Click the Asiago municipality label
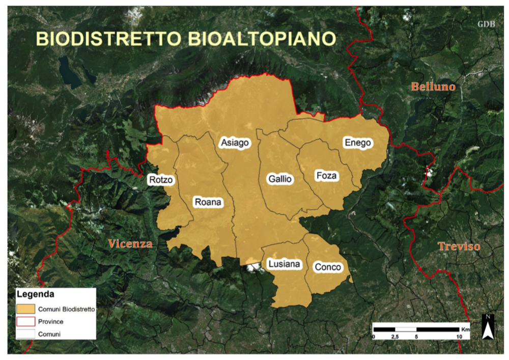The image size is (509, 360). pyautogui.click(x=235, y=143)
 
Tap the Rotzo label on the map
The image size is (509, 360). pyautogui.click(x=161, y=180)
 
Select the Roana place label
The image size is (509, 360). pyautogui.click(x=208, y=202)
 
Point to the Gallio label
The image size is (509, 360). pyautogui.click(x=280, y=179)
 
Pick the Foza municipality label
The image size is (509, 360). pyautogui.click(x=326, y=176)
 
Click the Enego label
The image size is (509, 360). pyautogui.click(x=357, y=143)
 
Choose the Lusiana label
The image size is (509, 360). pyautogui.click(x=284, y=264)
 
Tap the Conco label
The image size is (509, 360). pyautogui.click(x=328, y=267)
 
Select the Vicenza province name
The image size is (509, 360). pyautogui.click(x=130, y=244)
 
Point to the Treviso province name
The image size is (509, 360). pyautogui.click(x=459, y=246)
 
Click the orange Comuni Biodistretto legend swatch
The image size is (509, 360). pyautogui.click(x=25, y=309)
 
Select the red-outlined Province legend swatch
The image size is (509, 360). pyautogui.click(x=25, y=322)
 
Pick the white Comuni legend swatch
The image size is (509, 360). pyautogui.click(x=25, y=335)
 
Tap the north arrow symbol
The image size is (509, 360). pyautogui.click(x=488, y=327)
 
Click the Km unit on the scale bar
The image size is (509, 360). pyautogui.click(x=465, y=329)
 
